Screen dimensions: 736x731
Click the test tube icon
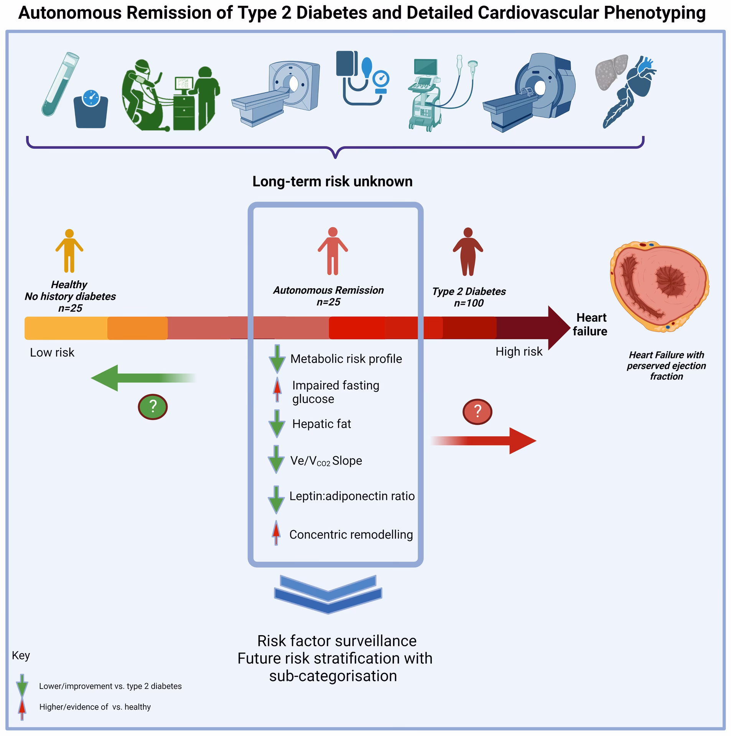[59, 84]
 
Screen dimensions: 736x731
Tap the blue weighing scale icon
[91, 109]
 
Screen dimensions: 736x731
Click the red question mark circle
[477, 411]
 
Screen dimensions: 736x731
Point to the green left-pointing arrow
[142, 378]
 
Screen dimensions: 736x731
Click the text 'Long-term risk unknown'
[332, 181]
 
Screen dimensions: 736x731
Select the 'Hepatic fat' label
[321, 424]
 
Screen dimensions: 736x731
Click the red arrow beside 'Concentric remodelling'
[276, 533]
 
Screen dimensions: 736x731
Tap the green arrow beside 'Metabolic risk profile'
[277, 359]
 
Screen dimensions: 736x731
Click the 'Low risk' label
[52, 352]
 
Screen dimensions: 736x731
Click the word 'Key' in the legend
[21, 655]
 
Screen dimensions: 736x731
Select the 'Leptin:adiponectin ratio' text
[352, 496]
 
